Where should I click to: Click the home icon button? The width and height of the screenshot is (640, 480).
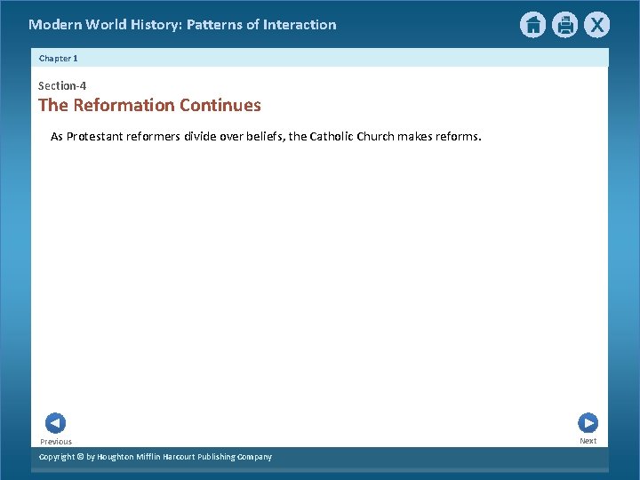[532, 25]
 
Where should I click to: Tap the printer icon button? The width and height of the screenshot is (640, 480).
[564, 25]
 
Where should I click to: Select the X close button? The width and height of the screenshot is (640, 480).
[596, 25]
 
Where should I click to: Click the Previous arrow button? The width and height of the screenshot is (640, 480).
[55, 423]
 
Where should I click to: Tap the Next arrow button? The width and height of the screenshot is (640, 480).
[588, 423]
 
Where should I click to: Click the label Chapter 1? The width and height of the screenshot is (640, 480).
[59, 58]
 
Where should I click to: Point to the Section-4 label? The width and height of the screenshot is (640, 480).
[62, 86]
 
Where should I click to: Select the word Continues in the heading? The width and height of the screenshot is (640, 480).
[220, 106]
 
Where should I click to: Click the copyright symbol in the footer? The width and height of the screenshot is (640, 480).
[78, 457]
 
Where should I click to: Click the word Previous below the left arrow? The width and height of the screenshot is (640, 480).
[56, 442]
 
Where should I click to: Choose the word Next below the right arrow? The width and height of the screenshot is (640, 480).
[588, 441]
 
